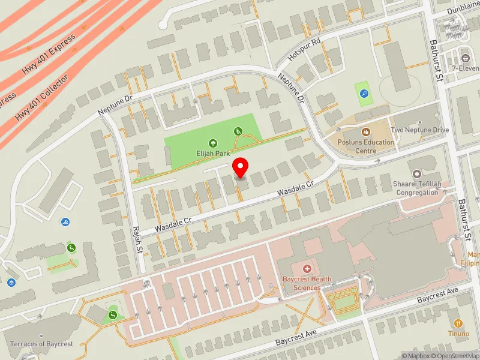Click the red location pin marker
[x=241, y=167]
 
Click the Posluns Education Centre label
[x=366, y=146]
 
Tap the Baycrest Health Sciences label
[x=307, y=283]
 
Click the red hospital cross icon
[x=307, y=269]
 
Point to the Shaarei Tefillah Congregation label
[x=417, y=188]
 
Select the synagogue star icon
[x=417, y=164]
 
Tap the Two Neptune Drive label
[x=419, y=130]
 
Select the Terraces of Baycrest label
[x=41, y=344]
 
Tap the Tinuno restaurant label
[x=458, y=334]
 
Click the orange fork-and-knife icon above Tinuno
[x=458, y=323]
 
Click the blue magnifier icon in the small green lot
[x=364, y=93]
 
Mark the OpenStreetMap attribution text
[x=454, y=356]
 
